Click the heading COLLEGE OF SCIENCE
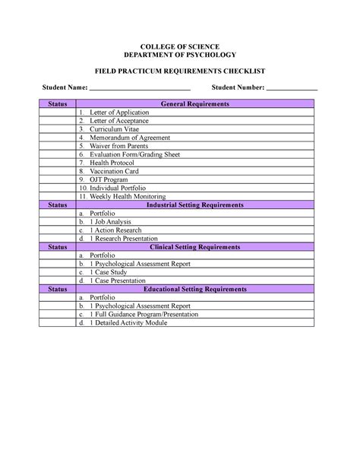(180, 47)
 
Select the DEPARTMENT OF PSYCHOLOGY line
(180, 55)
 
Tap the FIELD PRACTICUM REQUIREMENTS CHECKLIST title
(180, 71)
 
